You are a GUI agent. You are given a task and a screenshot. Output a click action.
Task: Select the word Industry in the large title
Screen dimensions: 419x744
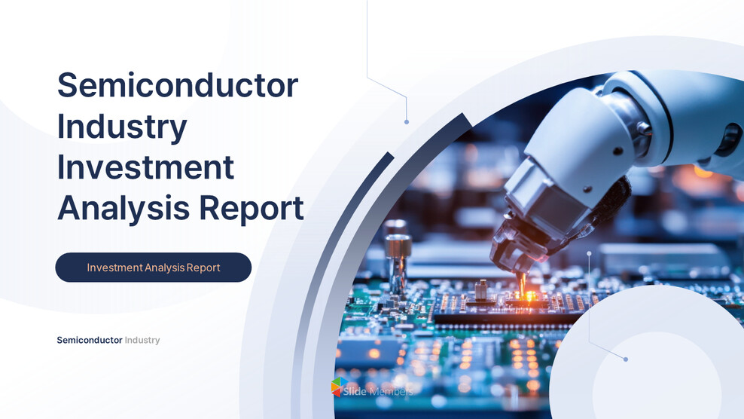(122, 126)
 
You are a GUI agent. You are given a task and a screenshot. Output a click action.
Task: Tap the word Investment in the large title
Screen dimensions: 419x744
(145, 167)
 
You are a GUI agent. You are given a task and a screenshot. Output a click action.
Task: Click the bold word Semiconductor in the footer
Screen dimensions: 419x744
(90, 340)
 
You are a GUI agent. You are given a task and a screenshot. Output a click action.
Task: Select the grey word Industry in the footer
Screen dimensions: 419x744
(142, 340)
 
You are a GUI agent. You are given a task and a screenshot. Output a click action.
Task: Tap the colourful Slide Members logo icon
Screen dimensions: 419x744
(339, 387)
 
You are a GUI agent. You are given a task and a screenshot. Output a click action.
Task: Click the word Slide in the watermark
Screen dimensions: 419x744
(355, 391)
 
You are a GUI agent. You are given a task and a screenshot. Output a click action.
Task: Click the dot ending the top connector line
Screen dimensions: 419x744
(407, 121)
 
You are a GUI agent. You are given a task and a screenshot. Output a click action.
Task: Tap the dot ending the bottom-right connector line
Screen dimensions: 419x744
(626, 359)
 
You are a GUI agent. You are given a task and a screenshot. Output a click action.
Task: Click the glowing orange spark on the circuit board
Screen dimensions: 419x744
(524, 295)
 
